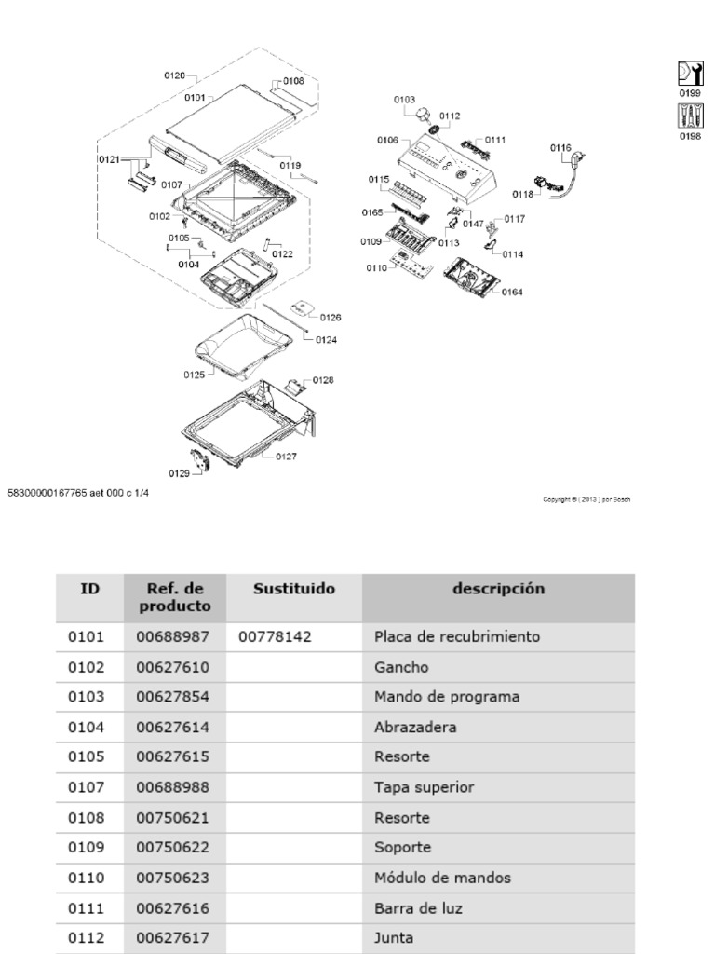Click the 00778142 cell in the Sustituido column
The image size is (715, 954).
tap(275, 638)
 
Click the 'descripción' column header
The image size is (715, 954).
tap(498, 589)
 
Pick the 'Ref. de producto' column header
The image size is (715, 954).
tap(175, 597)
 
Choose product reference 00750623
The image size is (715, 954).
tap(173, 878)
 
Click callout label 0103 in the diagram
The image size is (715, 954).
tap(404, 98)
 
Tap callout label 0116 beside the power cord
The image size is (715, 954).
tap(560, 147)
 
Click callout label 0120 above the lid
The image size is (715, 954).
tap(174, 75)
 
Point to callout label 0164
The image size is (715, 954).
tap(512, 292)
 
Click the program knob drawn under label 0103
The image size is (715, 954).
tap(425, 116)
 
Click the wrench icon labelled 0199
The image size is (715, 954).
tap(690, 74)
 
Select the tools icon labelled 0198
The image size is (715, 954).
tap(690, 116)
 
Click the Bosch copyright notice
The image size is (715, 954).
tap(587, 499)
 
